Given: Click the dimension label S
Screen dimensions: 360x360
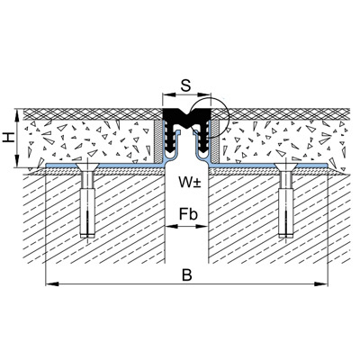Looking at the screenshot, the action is click(186, 85).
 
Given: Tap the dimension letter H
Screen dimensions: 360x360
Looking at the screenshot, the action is click(9, 138).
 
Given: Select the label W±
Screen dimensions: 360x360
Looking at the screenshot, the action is click(189, 182).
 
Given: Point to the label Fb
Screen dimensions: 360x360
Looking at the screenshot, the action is click(188, 214).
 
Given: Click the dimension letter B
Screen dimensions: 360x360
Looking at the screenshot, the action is click(186, 275).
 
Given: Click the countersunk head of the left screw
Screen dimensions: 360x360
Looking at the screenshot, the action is click(86, 167).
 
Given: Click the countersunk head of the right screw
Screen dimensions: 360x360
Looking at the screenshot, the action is click(285, 167).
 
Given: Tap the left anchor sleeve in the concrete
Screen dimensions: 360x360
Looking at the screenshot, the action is click(87, 213).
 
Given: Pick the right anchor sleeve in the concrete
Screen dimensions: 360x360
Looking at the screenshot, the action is click(286, 213).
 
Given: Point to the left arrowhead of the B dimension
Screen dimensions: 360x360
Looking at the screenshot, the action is click(50, 283).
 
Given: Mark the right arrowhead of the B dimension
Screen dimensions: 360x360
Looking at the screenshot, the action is click(322, 283).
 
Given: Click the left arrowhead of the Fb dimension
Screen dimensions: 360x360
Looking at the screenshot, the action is click(171, 226).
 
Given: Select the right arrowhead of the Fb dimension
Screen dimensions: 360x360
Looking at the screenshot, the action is click(202, 226).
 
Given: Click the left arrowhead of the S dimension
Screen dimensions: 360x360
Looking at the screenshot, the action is click(168, 94).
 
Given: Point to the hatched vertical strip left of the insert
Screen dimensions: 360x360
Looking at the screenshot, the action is click(157, 142).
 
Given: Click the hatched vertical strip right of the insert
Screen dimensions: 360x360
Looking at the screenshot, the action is click(215, 142).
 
